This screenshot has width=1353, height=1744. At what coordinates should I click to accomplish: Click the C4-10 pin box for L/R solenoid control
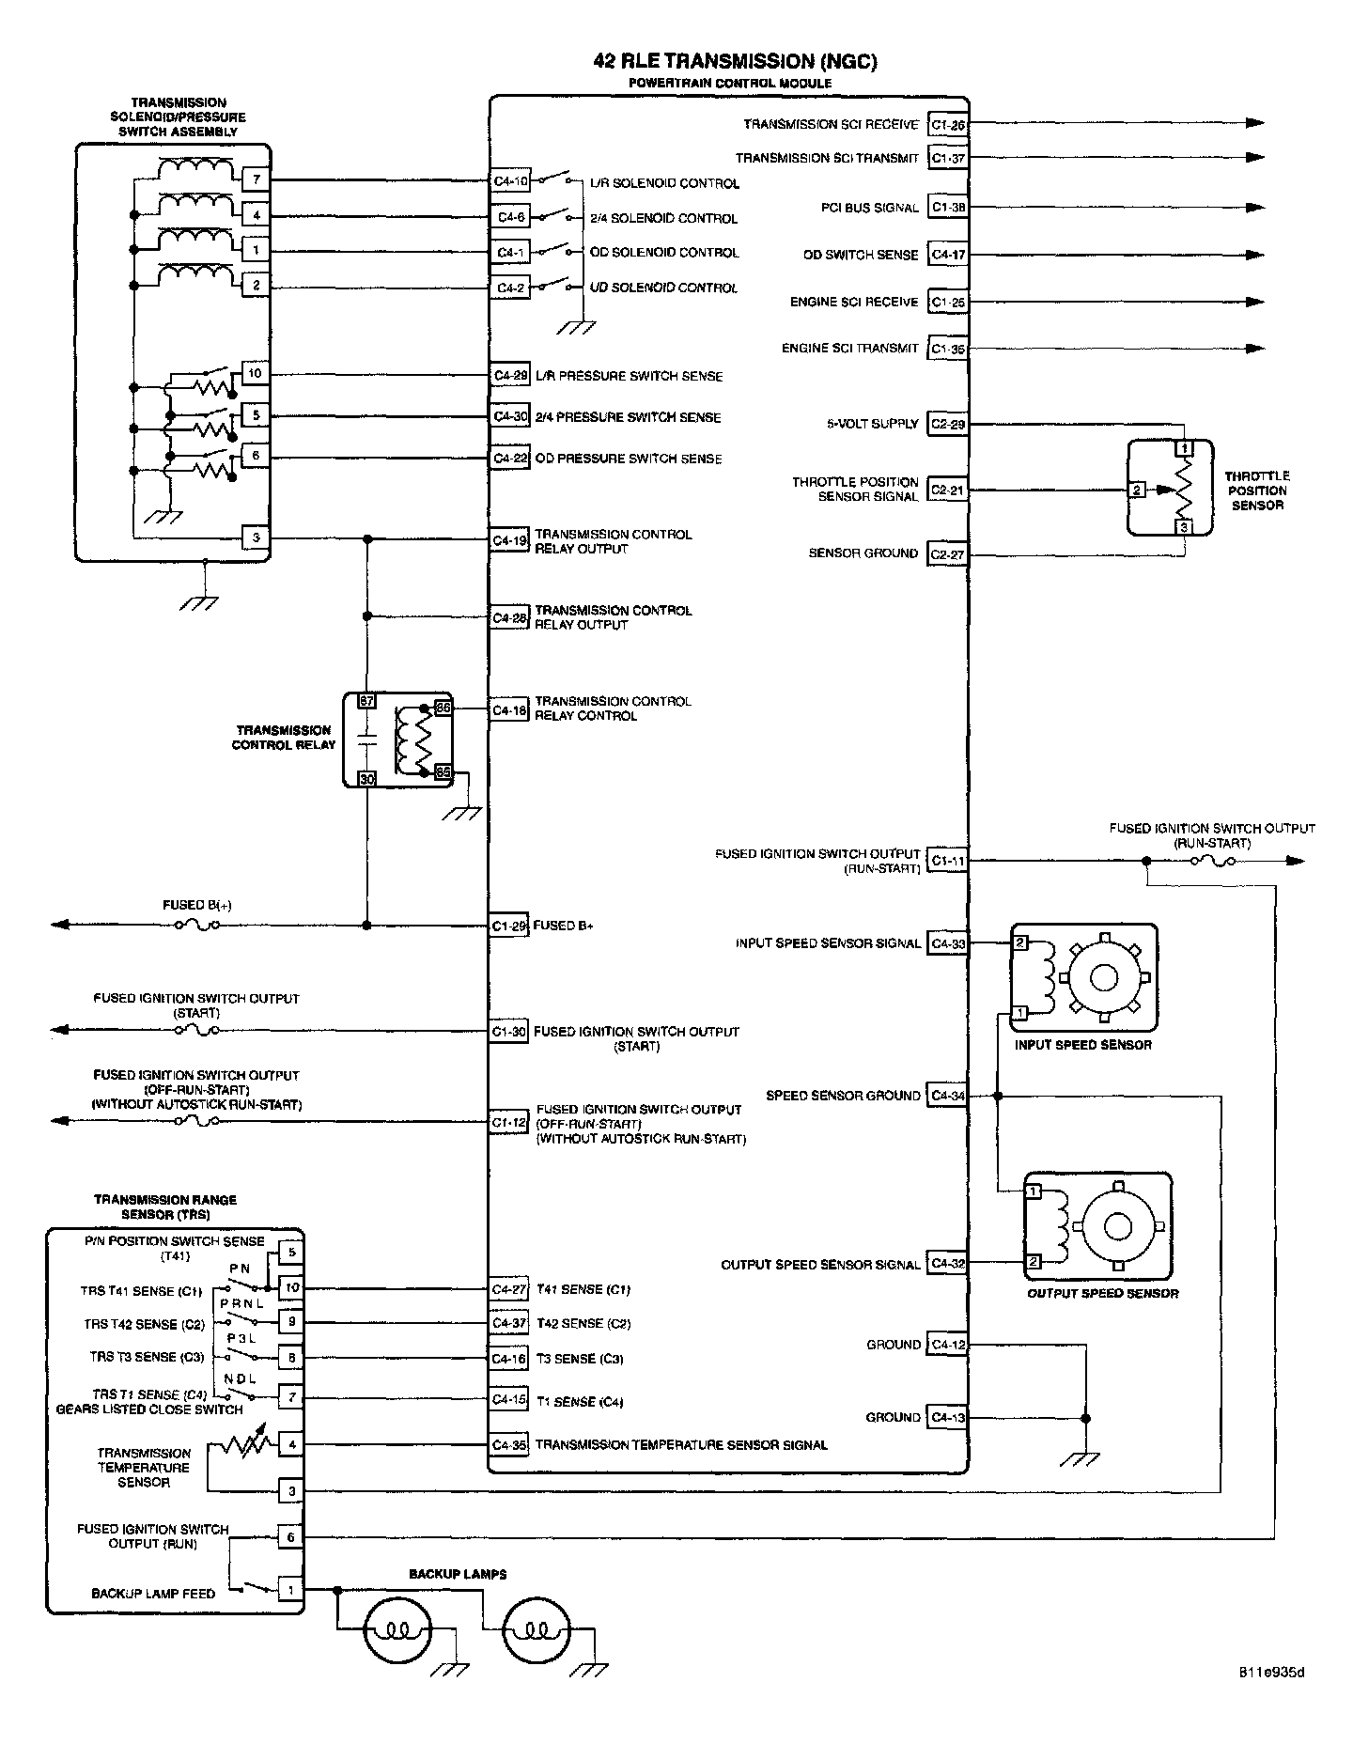511,181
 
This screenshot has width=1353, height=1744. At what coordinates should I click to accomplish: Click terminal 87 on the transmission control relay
366,702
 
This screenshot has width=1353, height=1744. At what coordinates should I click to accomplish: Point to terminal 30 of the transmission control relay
366,778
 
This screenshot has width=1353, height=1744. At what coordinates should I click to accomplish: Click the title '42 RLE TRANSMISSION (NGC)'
735,62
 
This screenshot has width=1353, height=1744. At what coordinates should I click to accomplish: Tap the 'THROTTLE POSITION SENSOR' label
1257,490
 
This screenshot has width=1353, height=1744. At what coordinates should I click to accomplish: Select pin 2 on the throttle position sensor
1137,490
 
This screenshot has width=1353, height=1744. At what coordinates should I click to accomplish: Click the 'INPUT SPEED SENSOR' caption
1082,1045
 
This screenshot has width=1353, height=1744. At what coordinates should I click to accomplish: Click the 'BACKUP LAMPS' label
458,1574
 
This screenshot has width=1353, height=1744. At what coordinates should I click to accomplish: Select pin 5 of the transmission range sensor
291,1252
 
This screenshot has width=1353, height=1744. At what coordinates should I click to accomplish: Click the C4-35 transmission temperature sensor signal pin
511,1444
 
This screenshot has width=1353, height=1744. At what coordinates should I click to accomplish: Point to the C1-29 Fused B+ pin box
511,926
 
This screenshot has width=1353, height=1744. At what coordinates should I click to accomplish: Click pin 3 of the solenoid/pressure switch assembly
256,538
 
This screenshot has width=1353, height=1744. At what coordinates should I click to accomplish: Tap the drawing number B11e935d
1270,1699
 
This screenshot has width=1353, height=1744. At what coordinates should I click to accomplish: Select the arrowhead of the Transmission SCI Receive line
1254,123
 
